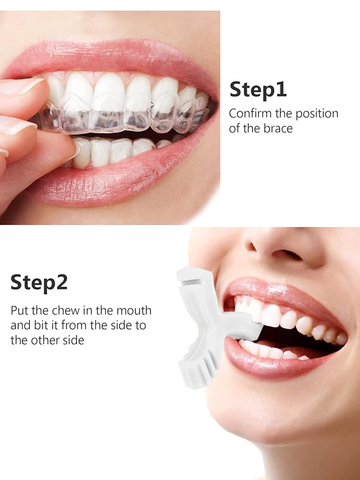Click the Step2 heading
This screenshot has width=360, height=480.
click(39, 282)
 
